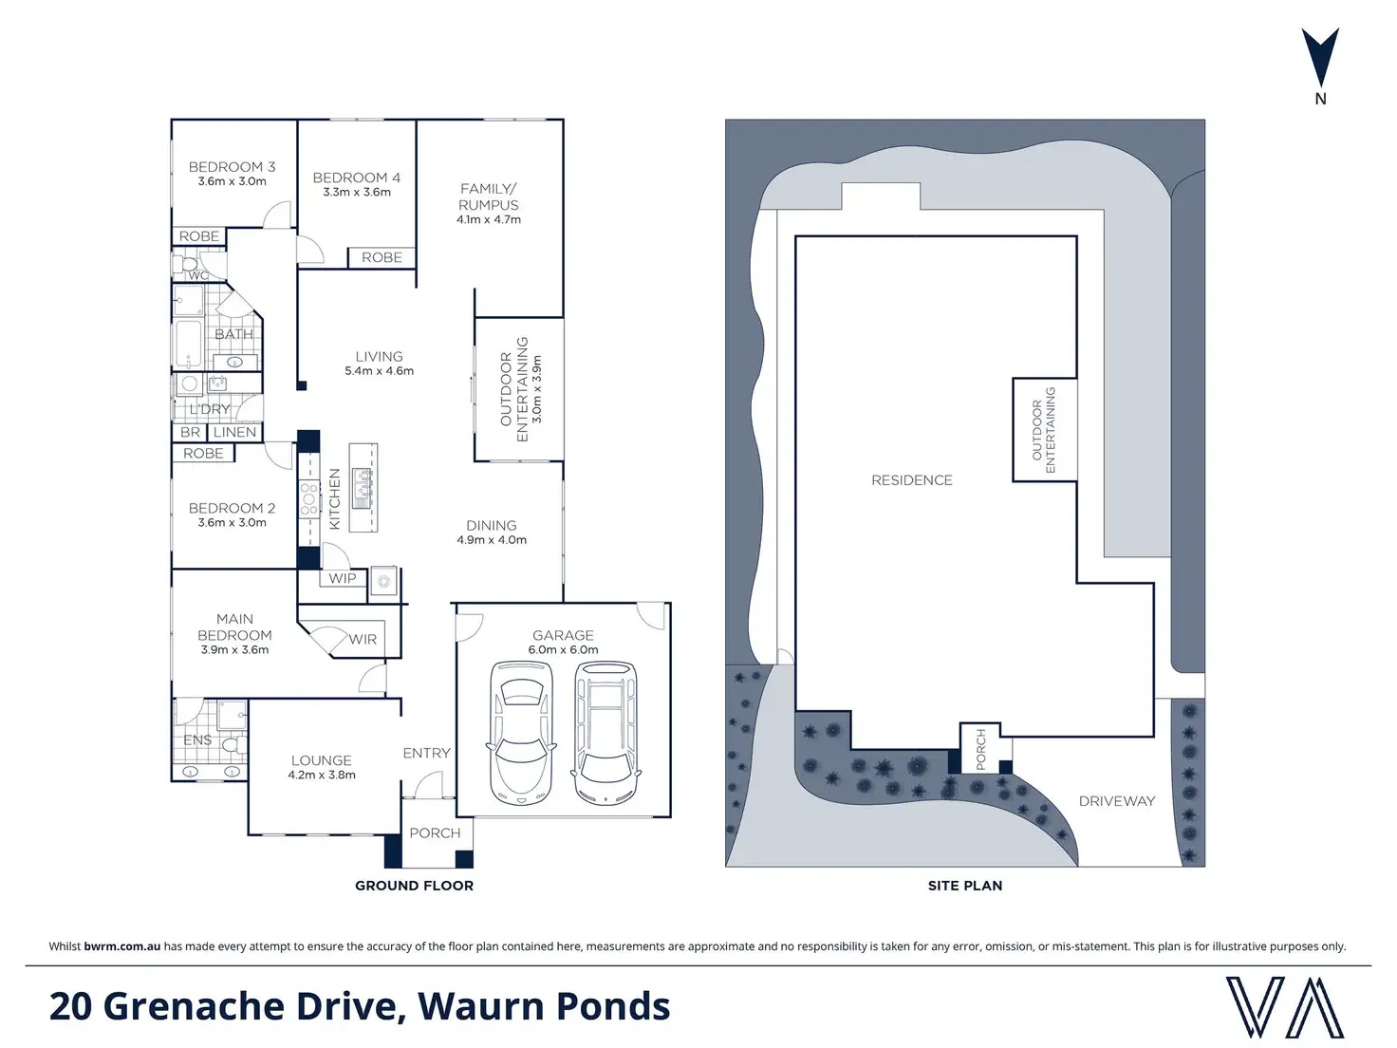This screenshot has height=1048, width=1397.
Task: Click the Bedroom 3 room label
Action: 232,167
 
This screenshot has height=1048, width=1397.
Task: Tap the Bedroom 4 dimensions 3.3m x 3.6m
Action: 357,192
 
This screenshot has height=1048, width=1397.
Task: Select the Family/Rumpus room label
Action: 488,196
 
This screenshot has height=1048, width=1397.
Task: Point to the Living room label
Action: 379,357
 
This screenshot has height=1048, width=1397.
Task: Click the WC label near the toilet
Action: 198,276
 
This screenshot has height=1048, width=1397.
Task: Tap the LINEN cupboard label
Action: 234,432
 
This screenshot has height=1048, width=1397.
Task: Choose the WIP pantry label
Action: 343,578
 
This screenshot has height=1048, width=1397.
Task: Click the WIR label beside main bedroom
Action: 363,640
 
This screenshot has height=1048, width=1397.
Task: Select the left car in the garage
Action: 520,733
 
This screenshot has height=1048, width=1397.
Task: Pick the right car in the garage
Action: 605,733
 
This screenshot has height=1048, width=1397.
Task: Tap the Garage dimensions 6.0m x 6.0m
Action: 563,650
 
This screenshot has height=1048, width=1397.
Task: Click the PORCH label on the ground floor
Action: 435,833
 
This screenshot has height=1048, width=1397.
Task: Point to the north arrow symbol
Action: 1320,59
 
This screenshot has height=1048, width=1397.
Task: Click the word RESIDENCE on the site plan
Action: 911,480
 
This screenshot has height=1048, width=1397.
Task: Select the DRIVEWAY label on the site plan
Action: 1117,801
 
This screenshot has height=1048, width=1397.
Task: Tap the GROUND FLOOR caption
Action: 414,886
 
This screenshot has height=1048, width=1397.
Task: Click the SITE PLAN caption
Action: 964,886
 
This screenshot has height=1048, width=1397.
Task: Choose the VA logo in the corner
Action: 1285,1007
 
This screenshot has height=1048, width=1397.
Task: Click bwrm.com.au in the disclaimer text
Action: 122,946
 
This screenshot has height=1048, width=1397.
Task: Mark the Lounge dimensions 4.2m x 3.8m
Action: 322,776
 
